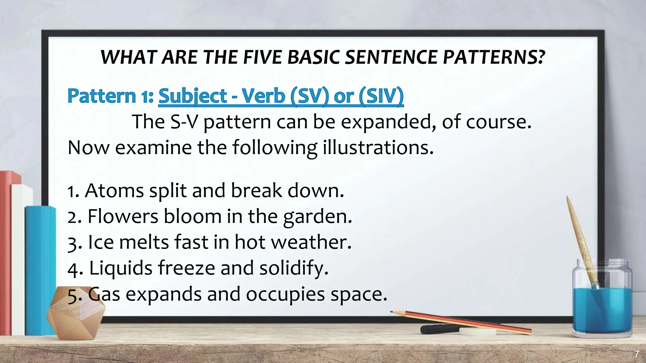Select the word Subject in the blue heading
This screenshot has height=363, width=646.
(192, 96)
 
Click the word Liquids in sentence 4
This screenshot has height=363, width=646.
(121, 268)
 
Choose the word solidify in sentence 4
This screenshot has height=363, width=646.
(293, 268)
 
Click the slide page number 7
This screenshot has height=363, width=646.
(637, 354)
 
